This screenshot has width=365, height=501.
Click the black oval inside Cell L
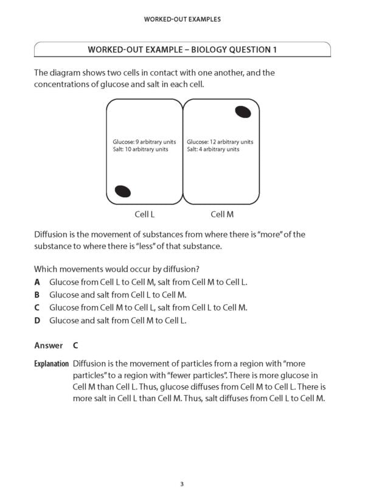(123, 191)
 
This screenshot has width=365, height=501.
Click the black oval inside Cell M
(242, 112)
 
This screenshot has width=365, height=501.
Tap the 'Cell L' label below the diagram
(144, 214)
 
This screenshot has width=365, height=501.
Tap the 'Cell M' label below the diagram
(222, 214)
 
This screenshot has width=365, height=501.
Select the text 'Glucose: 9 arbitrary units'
(138, 142)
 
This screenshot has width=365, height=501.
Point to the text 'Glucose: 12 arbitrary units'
(220, 142)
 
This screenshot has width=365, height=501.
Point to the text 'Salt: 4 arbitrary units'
(213, 149)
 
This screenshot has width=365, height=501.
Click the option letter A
(38, 282)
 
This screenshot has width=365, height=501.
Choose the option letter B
(38, 295)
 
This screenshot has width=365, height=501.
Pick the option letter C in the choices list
(38, 307)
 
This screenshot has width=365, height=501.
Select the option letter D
(38, 320)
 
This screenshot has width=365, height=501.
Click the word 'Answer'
(48, 345)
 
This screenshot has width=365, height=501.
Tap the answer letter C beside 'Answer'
(75, 345)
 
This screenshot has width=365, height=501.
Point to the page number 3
(182, 485)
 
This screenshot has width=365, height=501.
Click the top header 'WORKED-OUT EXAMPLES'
(182, 19)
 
